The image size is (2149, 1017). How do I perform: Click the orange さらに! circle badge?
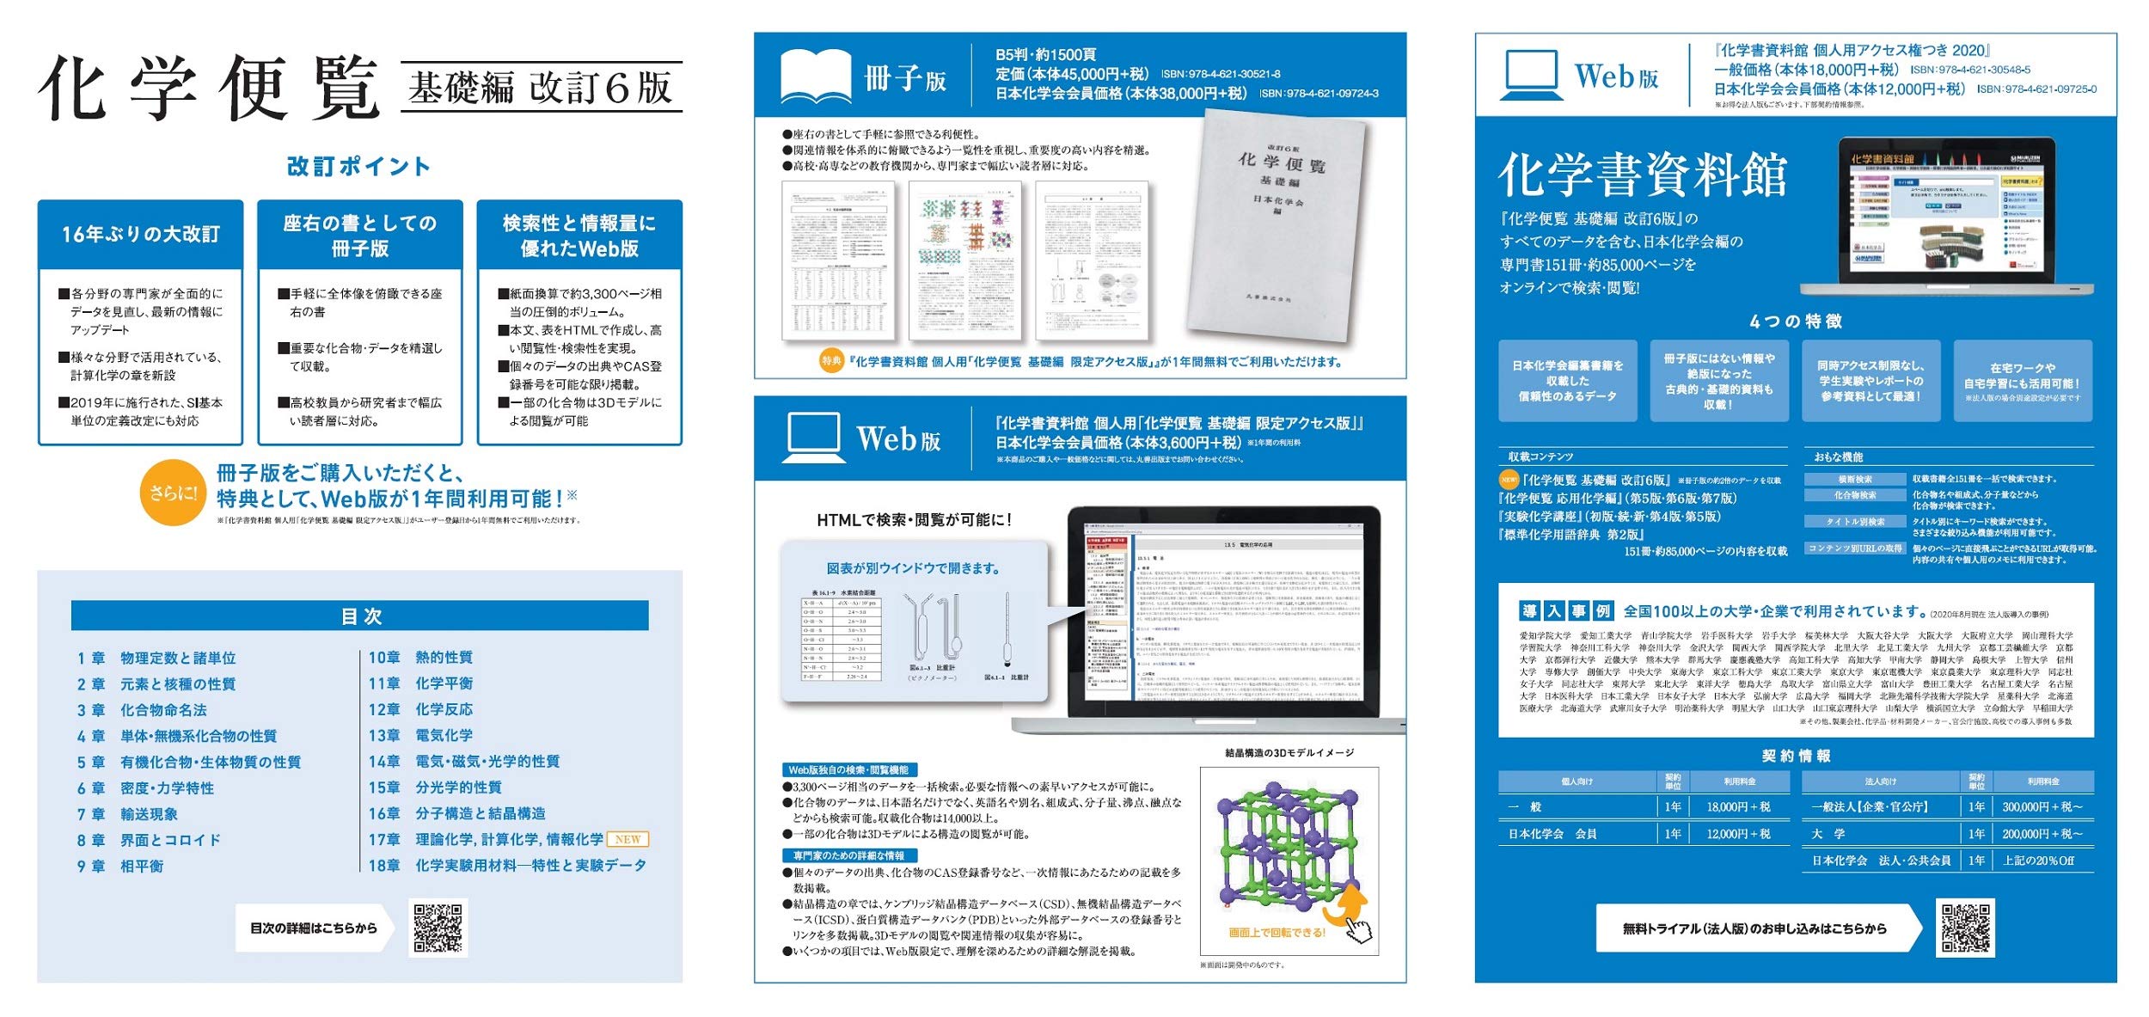[x=173, y=492]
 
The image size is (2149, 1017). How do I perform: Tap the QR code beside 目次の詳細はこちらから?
[x=438, y=928]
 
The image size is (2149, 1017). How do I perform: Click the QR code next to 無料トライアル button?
[x=1965, y=928]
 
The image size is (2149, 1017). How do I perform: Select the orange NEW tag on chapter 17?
[x=628, y=839]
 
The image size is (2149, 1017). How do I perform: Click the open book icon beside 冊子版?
[x=815, y=76]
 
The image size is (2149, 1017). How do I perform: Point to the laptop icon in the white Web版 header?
[x=1530, y=75]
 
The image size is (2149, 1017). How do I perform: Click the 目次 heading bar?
[x=359, y=616]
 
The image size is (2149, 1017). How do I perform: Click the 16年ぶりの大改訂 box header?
[x=141, y=234]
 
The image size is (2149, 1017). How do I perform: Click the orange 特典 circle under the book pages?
[x=830, y=361]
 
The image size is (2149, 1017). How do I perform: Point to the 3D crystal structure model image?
[x=1289, y=851]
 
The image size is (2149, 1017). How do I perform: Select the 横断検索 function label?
[x=1854, y=479]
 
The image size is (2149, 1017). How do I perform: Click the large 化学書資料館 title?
[x=1642, y=175]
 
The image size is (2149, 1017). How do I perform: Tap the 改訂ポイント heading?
[x=359, y=167]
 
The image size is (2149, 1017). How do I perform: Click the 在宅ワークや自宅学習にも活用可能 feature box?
[x=2022, y=380]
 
